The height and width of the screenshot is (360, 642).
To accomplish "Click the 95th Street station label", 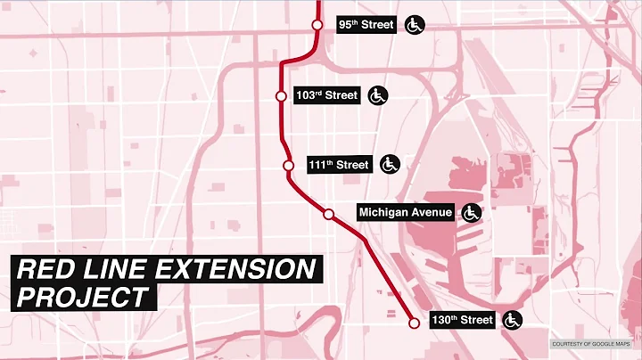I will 366,25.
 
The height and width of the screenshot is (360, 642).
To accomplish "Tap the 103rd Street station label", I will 328,95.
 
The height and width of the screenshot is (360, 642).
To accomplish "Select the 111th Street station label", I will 339,165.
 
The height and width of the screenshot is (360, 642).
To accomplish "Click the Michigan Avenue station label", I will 406,212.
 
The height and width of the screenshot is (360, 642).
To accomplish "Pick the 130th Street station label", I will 463,320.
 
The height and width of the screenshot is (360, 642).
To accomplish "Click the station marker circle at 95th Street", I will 317,25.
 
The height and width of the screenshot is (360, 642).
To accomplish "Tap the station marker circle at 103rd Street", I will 281,95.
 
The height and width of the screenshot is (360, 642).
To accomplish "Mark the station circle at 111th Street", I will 288,165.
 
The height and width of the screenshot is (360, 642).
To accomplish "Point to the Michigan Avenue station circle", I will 328,213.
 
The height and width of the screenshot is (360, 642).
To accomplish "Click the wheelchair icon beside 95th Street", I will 415,25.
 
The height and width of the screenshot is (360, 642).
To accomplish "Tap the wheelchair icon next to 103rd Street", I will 378,94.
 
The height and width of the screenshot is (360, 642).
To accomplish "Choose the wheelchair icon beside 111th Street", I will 390,164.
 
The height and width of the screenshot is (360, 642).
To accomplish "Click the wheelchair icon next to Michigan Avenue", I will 471,212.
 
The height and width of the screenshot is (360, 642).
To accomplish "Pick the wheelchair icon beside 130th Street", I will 513,320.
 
